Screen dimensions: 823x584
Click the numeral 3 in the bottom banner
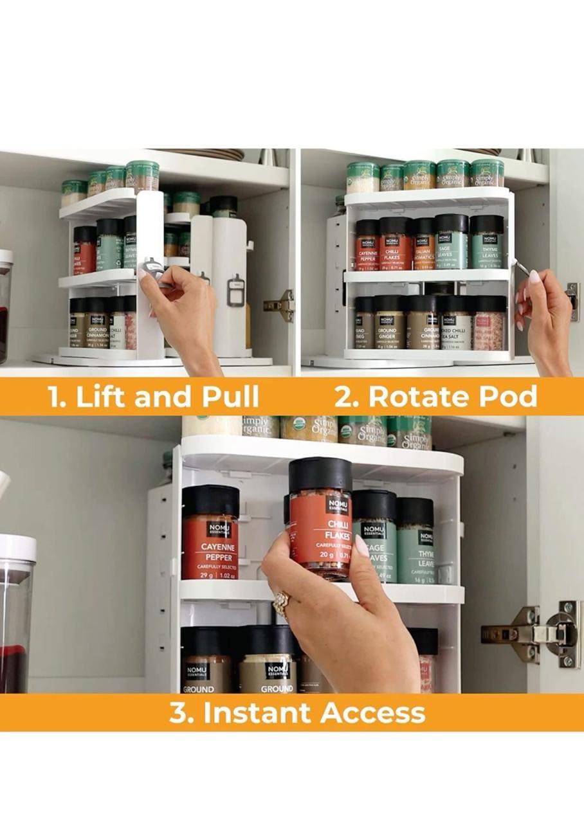point(177,713)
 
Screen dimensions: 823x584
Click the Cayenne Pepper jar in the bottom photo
point(210,534)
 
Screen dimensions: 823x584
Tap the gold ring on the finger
point(281,603)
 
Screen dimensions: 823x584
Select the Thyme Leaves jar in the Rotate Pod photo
point(486,243)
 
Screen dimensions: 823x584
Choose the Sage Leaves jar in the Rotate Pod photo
point(451,243)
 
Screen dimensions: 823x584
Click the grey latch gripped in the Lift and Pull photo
point(154,267)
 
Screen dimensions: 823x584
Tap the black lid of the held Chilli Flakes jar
point(320,474)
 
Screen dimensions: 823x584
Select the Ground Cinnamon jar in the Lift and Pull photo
point(96,325)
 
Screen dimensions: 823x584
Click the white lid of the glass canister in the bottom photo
point(16,547)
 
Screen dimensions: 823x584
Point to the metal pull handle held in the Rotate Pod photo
point(520,267)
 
